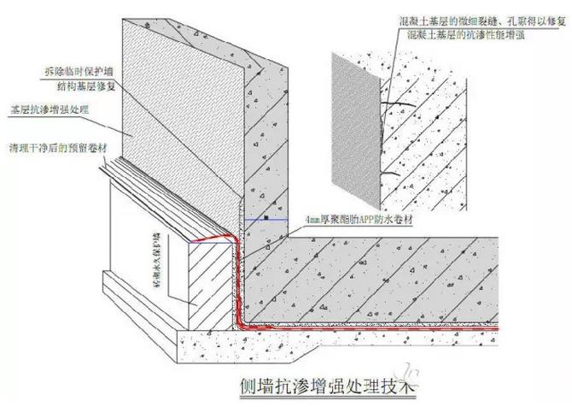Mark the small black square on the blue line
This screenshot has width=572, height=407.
267,219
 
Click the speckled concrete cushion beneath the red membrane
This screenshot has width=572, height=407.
341,342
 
